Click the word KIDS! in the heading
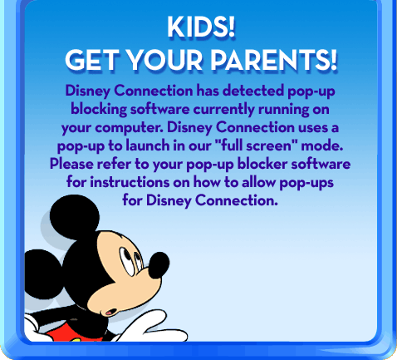click(x=201, y=27)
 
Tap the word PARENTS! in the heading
click(x=274, y=60)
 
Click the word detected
click(x=253, y=91)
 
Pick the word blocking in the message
click(x=99, y=109)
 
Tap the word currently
click(x=223, y=110)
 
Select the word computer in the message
click(x=129, y=128)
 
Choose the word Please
click(x=71, y=164)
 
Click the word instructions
click(x=130, y=182)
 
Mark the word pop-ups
click(x=306, y=183)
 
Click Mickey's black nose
click(x=159, y=264)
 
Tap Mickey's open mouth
click(x=111, y=312)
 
